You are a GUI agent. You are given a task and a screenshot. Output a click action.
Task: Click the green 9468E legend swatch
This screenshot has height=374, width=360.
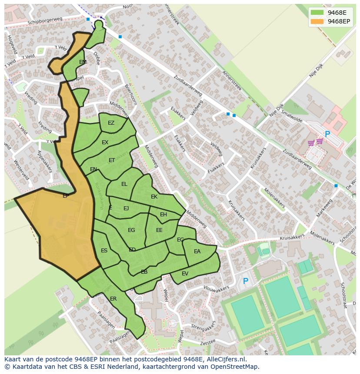(x=317, y=13)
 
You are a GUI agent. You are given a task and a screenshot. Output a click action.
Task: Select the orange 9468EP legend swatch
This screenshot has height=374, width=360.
(x=317, y=21)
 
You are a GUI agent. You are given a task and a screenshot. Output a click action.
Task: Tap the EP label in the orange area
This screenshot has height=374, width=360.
(x=66, y=196)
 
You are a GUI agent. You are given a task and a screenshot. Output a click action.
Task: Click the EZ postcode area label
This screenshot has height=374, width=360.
(x=111, y=123)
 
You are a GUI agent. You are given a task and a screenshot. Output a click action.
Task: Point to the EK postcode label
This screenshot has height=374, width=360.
(x=154, y=197)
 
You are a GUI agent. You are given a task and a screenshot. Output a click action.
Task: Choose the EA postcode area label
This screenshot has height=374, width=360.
(x=197, y=252)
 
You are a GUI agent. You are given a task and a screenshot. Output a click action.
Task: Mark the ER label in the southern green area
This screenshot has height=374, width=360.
(x=113, y=299)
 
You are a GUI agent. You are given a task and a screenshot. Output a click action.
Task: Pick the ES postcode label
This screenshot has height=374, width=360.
(x=104, y=251)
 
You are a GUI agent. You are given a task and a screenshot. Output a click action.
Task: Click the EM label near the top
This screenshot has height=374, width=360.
(x=83, y=62)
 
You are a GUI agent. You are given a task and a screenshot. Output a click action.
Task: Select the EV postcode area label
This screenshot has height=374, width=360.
(x=185, y=273)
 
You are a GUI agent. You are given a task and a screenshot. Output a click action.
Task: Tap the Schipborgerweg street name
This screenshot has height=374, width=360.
(x=45, y=21)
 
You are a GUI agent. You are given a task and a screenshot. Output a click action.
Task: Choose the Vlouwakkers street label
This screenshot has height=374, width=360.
(x=216, y=289)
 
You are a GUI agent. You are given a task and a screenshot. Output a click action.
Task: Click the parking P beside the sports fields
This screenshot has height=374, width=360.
(x=246, y=281)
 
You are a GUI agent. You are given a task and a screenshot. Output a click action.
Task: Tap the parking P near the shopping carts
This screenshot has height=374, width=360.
(x=327, y=135)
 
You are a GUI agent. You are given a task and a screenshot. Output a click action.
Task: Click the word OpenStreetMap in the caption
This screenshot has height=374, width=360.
(x=234, y=367)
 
